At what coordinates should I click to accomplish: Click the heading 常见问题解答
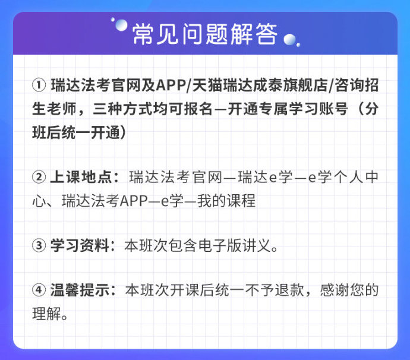pyautogui.click(x=205, y=34)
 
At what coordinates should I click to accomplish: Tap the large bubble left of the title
pyautogui.click(x=121, y=26)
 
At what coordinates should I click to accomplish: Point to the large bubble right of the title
pyautogui.click(x=290, y=39)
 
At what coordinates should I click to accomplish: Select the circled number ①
pyautogui.click(x=39, y=85)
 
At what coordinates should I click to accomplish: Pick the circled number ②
pyautogui.click(x=39, y=177)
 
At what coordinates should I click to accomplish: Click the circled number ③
pyautogui.click(x=39, y=245)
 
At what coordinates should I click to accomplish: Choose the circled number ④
pyautogui.click(x=39, y=290)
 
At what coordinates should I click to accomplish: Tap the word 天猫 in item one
pyautogui.click(x=207, y=85)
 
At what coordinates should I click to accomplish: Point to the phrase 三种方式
pyautogui.click(x=122, y=109)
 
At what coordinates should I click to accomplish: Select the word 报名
pyautogui.click(x=198, y=109)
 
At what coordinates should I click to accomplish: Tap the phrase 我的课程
pyautogui.click(x=226, y=201)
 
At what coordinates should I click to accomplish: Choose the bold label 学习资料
pyautogui.click(x=80, y=245)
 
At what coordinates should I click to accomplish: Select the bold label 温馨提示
pyautogui.click(x=80, y=290)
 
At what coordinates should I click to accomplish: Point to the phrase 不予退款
pyautogui.click(x=275, y=290)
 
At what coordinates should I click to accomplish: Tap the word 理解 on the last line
pyautogui.click(x=46, y=314)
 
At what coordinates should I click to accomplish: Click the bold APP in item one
pyautogui.click(x=171, y=85)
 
